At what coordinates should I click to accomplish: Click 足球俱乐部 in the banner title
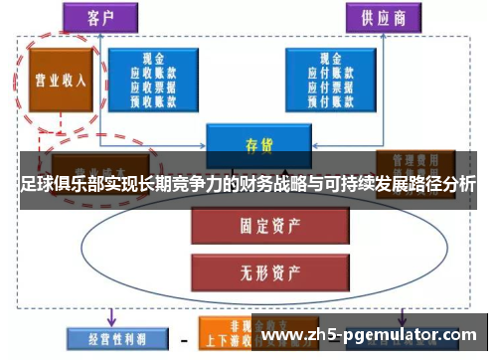(x=56, y=185)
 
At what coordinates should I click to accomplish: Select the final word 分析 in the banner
(x=460, y=185)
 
